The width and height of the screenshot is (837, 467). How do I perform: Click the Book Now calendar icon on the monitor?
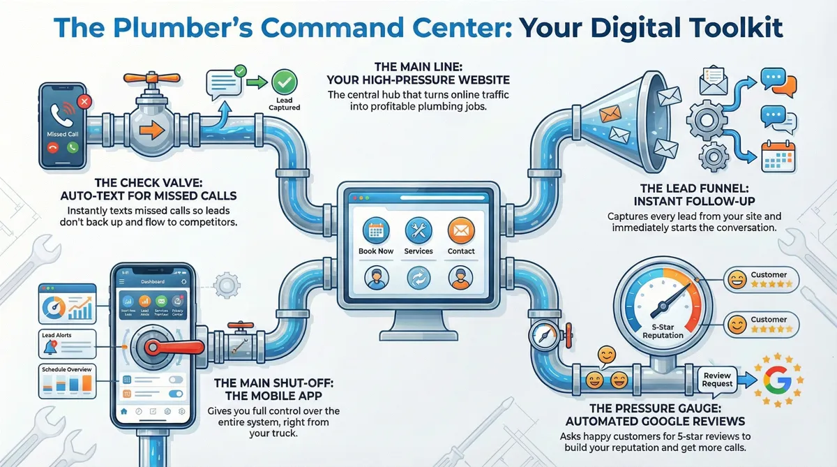[x=376, y=230]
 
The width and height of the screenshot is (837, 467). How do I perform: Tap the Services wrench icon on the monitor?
[x=418, y=230]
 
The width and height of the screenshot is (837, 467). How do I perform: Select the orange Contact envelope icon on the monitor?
[x=461, y=230]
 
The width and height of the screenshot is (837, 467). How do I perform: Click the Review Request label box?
[x=717, y=380]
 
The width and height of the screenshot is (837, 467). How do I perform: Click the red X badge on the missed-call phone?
[x=85, y=102]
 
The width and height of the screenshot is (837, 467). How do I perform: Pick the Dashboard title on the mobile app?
[x=152, y=281]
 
